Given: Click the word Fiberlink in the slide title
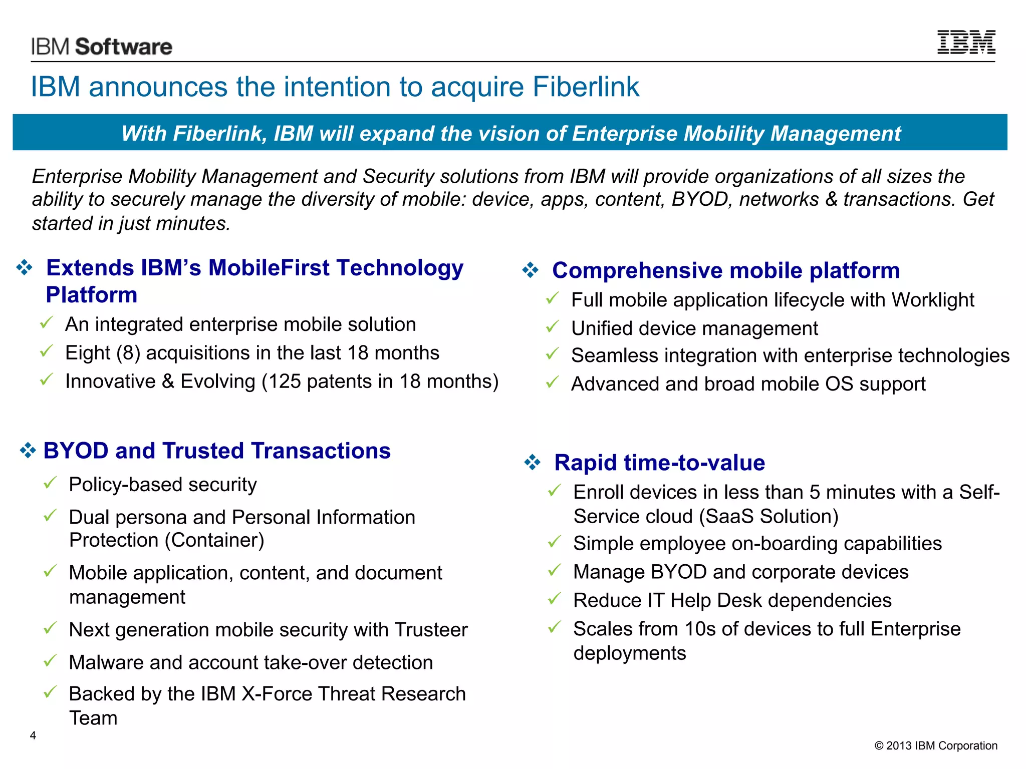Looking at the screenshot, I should pyautogui.click(x=586, y=87).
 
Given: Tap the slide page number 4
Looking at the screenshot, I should pyautogui.click(x=33, y=735).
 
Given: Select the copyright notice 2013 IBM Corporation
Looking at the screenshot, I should pyautogui.click(x=936, y=745).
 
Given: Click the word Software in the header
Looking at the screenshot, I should pyautogui.click(x=123, y=47).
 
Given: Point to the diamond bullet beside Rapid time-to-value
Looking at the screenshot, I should pyautogui.click(x=532, y=462).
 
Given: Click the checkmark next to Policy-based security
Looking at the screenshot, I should pyautogui.click(x=50, y=483).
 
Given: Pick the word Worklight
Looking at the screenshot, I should pyautogui.click(x=932, y=300).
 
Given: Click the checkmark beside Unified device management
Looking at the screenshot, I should pyautogui.click(x=552, y=327).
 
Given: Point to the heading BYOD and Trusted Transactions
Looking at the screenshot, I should pyautogui.click(x=216, y=451).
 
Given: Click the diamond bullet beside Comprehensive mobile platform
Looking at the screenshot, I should pyautogui.click(x=530, y=270).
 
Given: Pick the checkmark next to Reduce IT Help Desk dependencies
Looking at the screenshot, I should pyautogui.click(x=554, y=598).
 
